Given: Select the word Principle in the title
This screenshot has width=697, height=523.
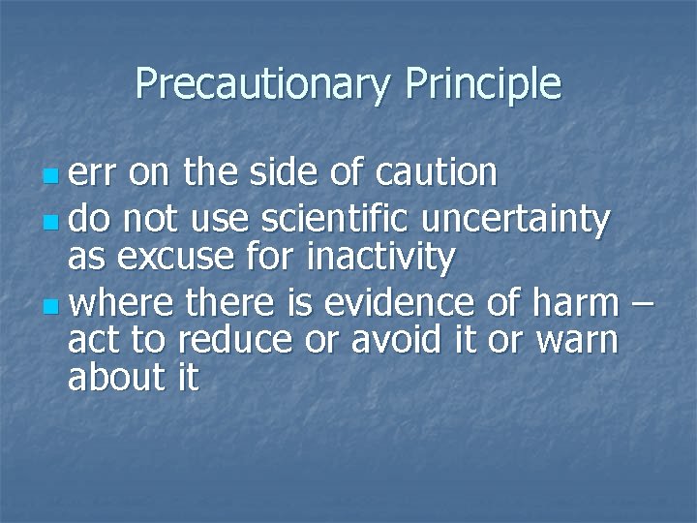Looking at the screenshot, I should tap(483, 84).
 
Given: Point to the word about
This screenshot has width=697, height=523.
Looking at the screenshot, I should tap(113, 377).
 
